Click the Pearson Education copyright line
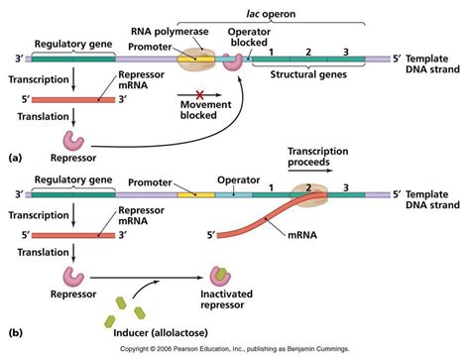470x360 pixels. point(234,352)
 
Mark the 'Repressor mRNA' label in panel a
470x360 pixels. point(142,79)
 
